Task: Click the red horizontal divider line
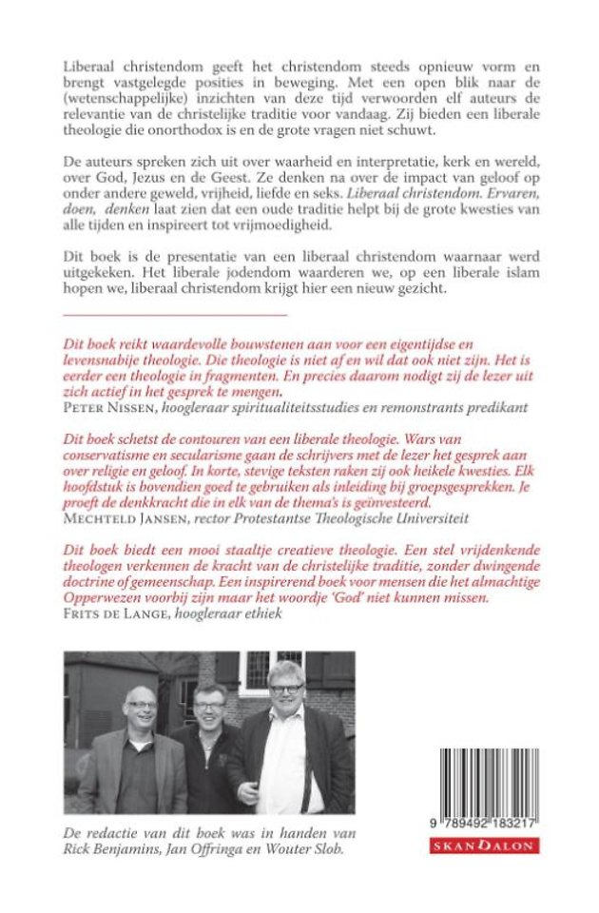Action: click(x=175, y=313)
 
